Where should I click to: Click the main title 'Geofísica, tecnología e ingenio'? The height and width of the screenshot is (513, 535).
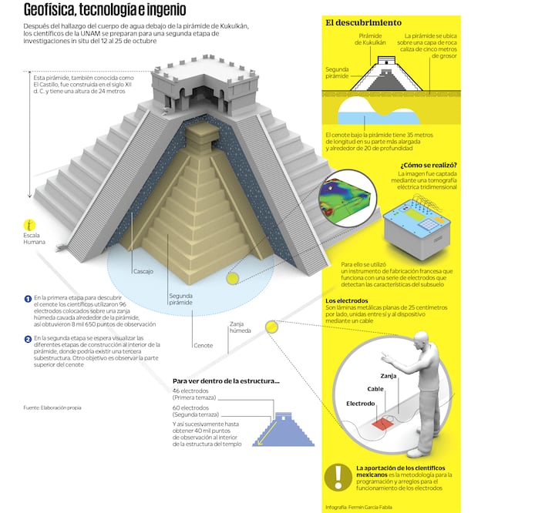point(105,9)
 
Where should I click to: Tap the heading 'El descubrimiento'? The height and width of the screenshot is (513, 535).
point(363,23)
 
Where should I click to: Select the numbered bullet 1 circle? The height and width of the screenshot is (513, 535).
point(28,299)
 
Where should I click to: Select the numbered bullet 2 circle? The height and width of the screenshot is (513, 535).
point(28,339)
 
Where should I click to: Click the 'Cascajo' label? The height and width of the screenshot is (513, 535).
point(143,272)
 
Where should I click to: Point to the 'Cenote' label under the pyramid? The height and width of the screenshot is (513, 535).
point(204,346)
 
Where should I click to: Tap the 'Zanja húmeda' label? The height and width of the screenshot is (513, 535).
point(241,327)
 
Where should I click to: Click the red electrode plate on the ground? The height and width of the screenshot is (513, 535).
point(382,424)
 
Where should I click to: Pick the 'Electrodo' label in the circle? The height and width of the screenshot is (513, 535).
point(361,404)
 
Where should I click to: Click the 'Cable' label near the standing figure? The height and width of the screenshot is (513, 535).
point(375,389)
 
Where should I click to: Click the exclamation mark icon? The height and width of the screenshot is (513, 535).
point(338,478)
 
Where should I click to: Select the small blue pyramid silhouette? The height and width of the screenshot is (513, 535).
point(284,430)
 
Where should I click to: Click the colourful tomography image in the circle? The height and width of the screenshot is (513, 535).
point(348,198)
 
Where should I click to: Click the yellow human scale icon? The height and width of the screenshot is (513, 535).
point(30,226)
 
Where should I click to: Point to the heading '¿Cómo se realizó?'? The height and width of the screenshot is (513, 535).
point(429,166)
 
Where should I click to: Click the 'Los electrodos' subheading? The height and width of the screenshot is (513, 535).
point(347,300)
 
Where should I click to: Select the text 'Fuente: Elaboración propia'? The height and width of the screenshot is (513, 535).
point(52,407)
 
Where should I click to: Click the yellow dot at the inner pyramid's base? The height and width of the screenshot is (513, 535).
point(233,279)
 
